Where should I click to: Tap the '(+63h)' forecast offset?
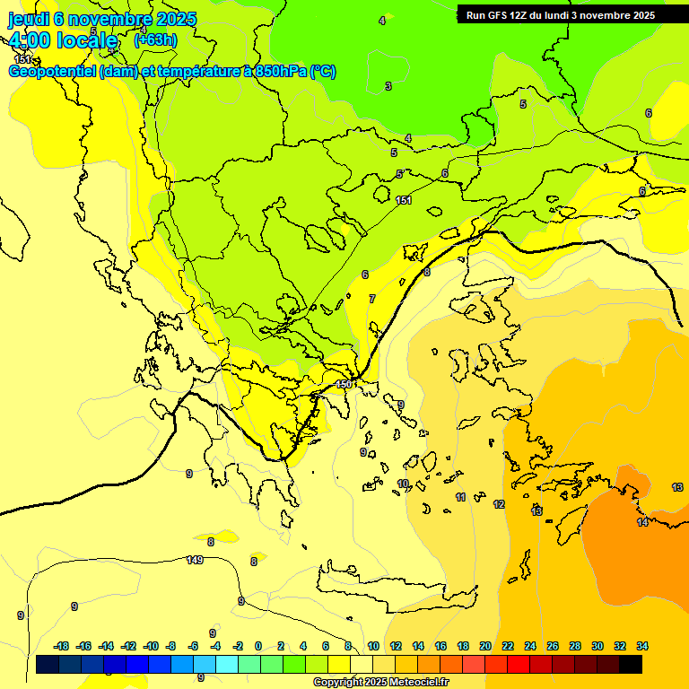[x=155, y=39]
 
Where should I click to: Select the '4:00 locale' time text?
[x=63, y=40]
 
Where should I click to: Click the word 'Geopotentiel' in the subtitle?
[x=52, y=72]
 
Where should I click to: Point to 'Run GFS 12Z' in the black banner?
[x=496, y=15]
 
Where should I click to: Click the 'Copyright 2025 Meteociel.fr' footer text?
[x=380, y=682]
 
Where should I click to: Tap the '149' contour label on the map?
[x=195, y=560]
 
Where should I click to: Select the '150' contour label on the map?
[x=343, y=384]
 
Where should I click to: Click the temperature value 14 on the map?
[x=642, y=522]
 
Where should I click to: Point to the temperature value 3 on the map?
[x=388, y=86]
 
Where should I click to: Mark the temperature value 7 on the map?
[x=372, y=299]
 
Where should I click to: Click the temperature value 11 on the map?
[x=460, y=497]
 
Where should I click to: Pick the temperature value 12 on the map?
[x=499, y=504]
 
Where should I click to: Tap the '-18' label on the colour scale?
[x=62, y=646]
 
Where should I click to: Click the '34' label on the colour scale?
[x=642, y=646]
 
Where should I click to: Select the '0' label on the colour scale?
[x=258, y=646]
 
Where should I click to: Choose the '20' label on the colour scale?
[x=485, y=646]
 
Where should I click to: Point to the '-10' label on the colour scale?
[x=151, y=646]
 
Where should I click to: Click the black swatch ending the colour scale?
[x=631, y=664]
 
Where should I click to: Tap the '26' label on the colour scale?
[x=553, y=646]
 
